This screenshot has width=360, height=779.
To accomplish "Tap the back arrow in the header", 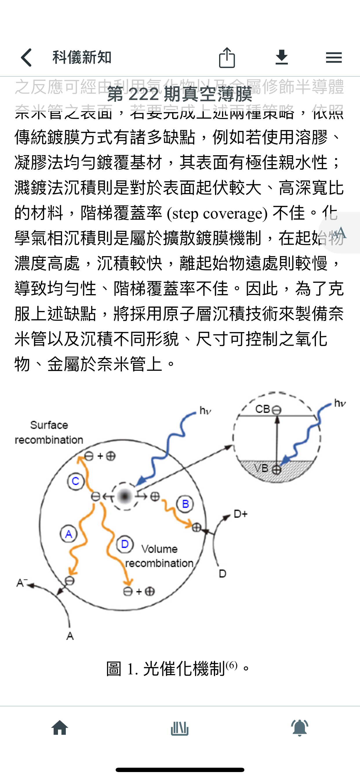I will pyautogui.click(x=27, y=57).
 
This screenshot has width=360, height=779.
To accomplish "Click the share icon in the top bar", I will pyautogui.click(x=227, y=57).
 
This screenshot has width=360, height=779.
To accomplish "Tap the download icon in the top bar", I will pyautogui.click(x=282, y=57).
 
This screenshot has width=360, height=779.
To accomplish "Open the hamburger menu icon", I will pyautogui.click(x=334, y=57).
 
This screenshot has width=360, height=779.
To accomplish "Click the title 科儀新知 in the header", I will pyautogui.click(x=82, y=57).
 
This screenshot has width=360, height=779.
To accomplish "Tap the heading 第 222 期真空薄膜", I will pyautogui.click(x=180, y=94).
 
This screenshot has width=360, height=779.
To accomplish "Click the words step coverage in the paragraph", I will pyautogui.click(x=217, y=214).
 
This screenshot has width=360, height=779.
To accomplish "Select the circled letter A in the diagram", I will pyautogui.click(x=69, y=534).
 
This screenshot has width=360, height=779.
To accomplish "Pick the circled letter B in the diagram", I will pyautogui.click(x=185, y=504).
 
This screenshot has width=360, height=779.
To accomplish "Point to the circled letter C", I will pyautogui.click(x=75, y=481).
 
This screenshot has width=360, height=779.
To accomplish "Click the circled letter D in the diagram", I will pyautogui.click(x=125, y=544).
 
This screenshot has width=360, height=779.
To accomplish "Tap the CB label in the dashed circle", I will pyautogui.click(x=263, y=409).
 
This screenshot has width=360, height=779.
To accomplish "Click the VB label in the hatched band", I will pyautogui.click(x=261, y=468).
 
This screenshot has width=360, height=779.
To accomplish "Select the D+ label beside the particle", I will pyautogui.click(x=241, y=514).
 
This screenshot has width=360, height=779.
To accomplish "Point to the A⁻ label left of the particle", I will pyautogui.click(x=22, y=582).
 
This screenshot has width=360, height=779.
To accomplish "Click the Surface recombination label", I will pyautogui.click(x=49, y=432).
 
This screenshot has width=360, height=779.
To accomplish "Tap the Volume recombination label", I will pyautogui.click(x=159, y=556).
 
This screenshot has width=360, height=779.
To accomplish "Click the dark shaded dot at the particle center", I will pyautogui.click(x=125, y=496).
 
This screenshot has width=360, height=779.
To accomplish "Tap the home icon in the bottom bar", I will pyautogui.click(x=60, y=728).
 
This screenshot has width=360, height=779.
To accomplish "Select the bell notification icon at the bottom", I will pyautogui.click(x=299, y=728).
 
